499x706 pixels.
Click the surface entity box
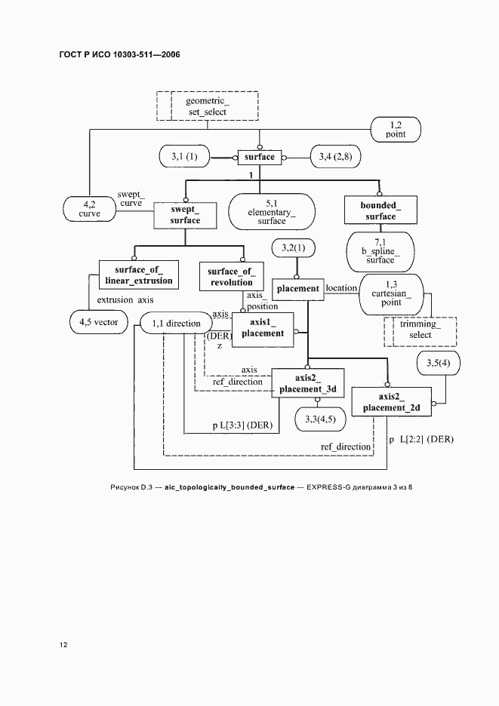pyautogui.click(x=260, y=157)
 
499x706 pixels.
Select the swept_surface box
pyautogui.click(x=185, y=215)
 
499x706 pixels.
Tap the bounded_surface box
pyautogui.click(x=380, y=210)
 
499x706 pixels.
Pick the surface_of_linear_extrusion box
pyautogui.click(x=138, y=275)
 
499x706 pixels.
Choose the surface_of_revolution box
pyautogui.click(x=231, y=277)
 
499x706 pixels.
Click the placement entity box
pyautogui.click(x=298, y=289)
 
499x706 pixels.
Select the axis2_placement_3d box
pyautogui.click(x=308, y=383)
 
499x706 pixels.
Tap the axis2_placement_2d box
pyautogui.click(x=391, y=401)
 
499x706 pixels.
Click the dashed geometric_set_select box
pyautogui.click(x=208, y=106)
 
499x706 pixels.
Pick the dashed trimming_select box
pyautogui.click(x=420, y=332)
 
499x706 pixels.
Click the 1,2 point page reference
pyautogui.click(x=396, y=130)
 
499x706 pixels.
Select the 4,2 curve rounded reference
pyautogui.click(x=89, y=209)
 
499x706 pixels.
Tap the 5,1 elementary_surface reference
pyautogui.click(x=272, y=212)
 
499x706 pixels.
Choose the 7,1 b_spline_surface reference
pyautogui.click(x=380, y=251)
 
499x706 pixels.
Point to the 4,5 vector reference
pyautogui.click(x=99, y=322)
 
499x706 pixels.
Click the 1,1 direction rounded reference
pyautogui.click(x=176, y=324)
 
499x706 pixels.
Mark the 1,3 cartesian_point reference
pyautogui.click(x=391, y=293)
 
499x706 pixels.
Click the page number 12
pyautogui.click(x=63, y=645)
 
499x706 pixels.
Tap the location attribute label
pyautogui.click(x=341, y=288)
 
